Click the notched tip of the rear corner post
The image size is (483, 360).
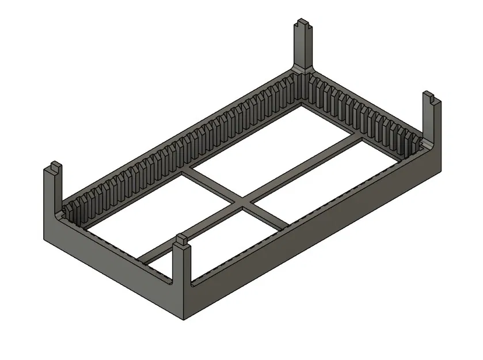pos(304,26)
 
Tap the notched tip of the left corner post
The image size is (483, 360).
pos(52,168)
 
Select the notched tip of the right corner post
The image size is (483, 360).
pos(431,98)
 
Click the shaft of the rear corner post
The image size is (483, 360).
pos(305,49)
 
